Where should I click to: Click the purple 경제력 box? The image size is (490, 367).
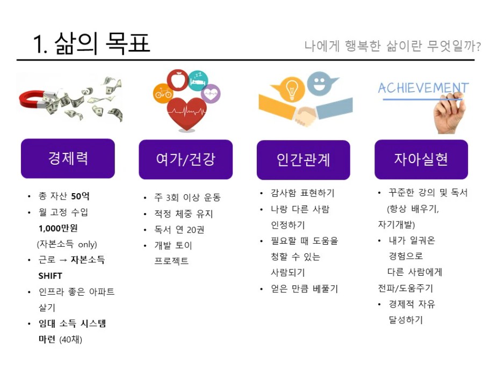click(68, 158)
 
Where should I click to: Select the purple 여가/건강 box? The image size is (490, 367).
click(185, 159)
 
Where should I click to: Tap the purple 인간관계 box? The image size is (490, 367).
click(304, 160)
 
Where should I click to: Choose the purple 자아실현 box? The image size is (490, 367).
click(421, 159)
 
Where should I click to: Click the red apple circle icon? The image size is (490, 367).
click(178, 80)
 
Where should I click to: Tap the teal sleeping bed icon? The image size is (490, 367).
click(198, 80)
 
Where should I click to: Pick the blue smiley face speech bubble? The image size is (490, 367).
click(320, 83)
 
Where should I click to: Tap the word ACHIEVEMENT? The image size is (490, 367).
click(423, 88)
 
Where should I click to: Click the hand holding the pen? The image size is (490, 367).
click(449, 114)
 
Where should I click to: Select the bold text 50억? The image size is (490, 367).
click(80, 196)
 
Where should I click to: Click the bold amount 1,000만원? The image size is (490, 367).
click(58, 229)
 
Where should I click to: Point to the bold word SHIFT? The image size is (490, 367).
click(51, 276)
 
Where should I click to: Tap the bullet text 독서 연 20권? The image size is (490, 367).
click(179, 230)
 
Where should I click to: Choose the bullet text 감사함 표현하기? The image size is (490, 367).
click(302, 193)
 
